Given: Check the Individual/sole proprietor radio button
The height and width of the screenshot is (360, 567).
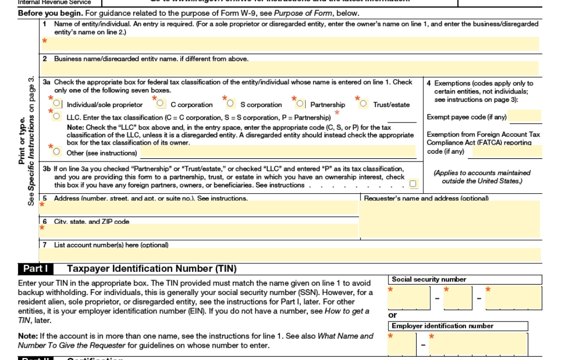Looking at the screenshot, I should point(57,104).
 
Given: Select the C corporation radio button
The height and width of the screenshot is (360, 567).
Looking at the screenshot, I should point(161,104).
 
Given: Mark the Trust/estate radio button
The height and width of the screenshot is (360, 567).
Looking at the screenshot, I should point(363,104).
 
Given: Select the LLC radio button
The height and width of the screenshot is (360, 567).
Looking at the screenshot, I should point(57,117).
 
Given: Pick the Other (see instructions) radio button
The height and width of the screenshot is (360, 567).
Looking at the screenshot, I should point(57,152).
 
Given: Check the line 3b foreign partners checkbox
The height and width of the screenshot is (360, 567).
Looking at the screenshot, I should point(413,184).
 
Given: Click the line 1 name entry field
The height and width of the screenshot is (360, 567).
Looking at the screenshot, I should point(290,44).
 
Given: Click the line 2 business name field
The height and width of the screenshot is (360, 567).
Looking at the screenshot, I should point(290,69).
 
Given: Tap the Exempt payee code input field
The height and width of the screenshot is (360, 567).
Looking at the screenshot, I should point(525,117).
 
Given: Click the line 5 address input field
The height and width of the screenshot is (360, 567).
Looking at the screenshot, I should point(200,207).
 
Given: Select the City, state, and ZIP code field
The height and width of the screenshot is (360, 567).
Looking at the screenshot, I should point(200,231).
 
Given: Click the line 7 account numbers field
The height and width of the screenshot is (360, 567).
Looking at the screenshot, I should point(290,254).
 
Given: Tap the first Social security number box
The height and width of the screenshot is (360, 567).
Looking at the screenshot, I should point(410,298).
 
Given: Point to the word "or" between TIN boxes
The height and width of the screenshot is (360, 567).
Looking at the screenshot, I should point(393,315).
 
